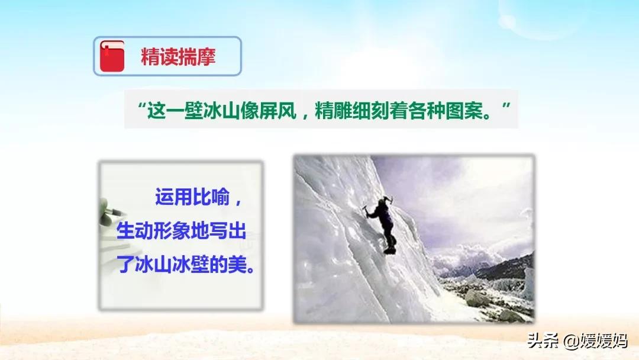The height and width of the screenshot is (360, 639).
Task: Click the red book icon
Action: (112, 56)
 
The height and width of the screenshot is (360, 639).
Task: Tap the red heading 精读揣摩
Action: (178, 57)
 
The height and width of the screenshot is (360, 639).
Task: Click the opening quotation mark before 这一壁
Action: (142, 107)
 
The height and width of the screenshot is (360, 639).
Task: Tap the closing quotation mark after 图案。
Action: (506, 107)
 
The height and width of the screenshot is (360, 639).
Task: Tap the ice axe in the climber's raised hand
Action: (388, 200)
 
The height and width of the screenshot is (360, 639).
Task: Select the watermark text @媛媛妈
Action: (595, 340)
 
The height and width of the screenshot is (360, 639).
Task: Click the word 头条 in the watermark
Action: (543, 340)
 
